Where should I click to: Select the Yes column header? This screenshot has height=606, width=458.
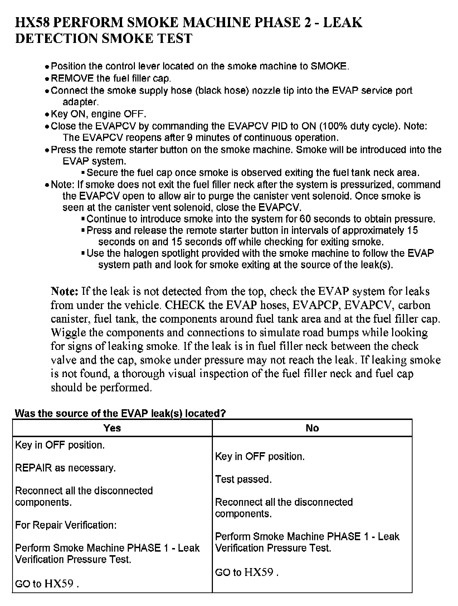coord(112,428)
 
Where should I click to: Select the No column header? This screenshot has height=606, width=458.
coord(312,428)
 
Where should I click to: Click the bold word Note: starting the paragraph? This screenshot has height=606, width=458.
coord(64,291)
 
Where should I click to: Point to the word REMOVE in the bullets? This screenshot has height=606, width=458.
coord(72,78)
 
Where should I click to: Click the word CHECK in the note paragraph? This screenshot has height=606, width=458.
coord(185,305)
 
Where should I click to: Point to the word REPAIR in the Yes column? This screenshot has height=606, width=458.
coord(34,468)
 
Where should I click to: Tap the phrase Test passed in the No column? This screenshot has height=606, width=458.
coord(243,479)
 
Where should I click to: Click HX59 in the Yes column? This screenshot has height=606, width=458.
coord(59,584)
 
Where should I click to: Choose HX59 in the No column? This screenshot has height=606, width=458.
coord(259,572)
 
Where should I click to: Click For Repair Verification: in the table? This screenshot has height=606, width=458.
coord(66,525)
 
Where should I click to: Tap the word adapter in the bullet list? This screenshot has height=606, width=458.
coord(81,102)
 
